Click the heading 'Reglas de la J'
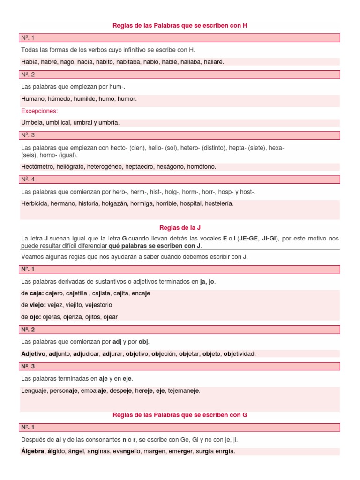click(180, 228)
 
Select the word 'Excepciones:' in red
click(39, 111)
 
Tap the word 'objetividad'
click(240, 354)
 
